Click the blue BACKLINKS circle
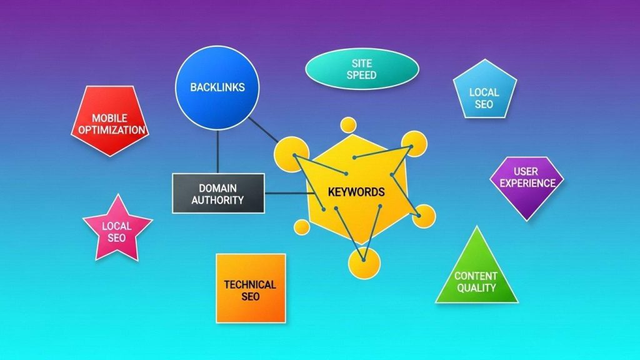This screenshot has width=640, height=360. point(217,87)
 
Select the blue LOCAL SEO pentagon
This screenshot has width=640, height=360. point(484,91)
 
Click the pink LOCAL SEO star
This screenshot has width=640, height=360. point(117,230)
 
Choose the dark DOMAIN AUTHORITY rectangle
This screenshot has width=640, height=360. point(218,194)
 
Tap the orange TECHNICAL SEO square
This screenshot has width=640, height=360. point(250,288)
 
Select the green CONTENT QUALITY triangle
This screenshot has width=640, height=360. point(477,275)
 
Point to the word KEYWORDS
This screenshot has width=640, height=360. point(356,192)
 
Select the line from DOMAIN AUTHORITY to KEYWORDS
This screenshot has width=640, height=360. point(286,192)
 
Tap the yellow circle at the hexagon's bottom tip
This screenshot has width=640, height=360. point(364,262)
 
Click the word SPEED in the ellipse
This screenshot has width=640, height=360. point(362,75)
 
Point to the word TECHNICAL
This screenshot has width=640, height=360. point(250,284)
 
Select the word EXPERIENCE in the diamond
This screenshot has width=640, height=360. point(526,183)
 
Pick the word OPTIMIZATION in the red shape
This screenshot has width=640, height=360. point(110,130)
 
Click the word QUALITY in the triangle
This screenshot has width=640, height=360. point(476,287)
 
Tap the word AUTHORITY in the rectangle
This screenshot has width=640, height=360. point(218,200)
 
